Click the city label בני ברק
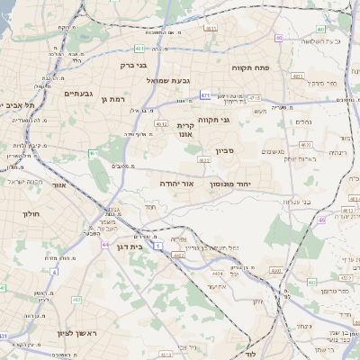point(133,65)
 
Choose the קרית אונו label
point(185,130)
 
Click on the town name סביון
point(224,150)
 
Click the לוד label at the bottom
point(250,355)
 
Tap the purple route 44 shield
point(105,244)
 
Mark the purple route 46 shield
point(321,219)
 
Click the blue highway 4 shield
point(54,271)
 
